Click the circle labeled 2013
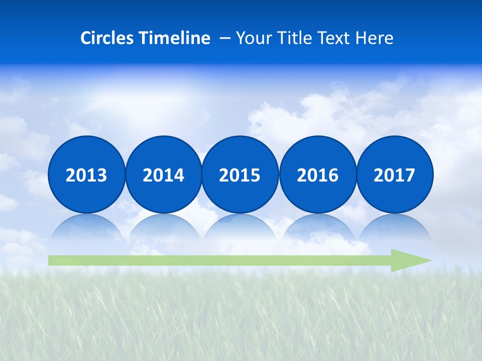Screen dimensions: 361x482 point(86,174)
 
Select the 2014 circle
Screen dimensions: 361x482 point(163,174)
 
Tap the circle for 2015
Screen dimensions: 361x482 point(240,174)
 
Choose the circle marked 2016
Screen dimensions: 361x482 point(317,174)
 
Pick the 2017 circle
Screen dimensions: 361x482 point(395,174)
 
